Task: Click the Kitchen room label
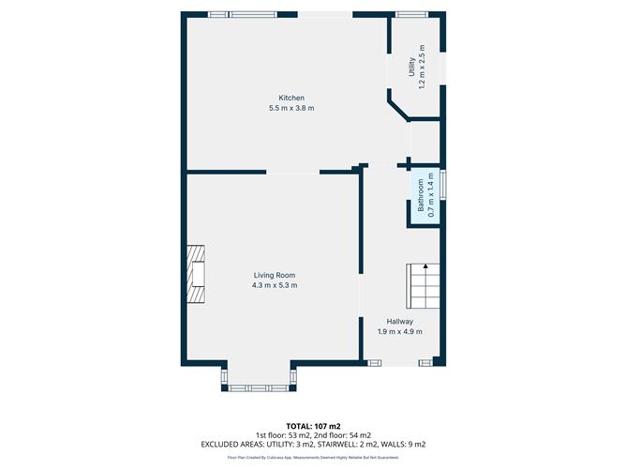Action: pyautogui.click(x=291, y=99)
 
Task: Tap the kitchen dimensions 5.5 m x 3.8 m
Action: pyautogui.click(x=291, y=109)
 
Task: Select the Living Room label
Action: pyautogui.click(x=275, y=275)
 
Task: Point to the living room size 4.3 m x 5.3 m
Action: pyautogui.click(x=275, y=285)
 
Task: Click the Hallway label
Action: pyautogui.click(x=399, y=321)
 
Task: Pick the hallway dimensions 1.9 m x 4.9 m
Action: pyautogui.click(x=399, y=331)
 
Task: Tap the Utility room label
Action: pyautogui.click(x=410, y=67)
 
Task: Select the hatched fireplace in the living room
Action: pyautogui.click(x=195, y=275)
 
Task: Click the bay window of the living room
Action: pyautogui.click(x=260, y=386)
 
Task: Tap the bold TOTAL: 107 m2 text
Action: pyautogui.click(x=312, y=425)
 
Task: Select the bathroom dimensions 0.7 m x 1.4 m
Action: pyautogui.click(x=431, y=197)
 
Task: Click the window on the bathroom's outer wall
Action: pyautogui.click(x=443, y=184)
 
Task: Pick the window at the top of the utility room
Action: pyautogui.click(x=410, y=14)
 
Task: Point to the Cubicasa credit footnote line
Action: pyautogui.click(x=312, y=458)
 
